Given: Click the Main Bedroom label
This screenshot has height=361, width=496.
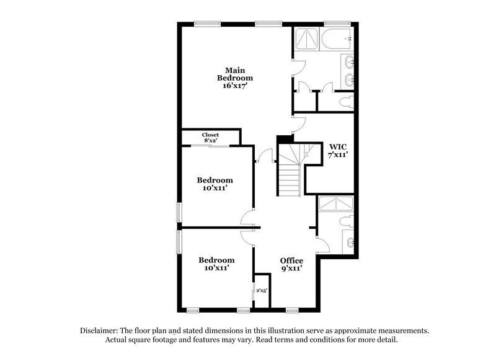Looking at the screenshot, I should point(235,74).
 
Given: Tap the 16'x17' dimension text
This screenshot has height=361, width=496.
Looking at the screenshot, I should point(235,87).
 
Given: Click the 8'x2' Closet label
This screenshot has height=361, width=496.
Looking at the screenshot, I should point(210,137).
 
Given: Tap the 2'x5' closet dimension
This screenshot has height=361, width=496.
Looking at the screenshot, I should point(262,290).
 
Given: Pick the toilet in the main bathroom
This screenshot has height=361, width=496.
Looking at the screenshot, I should point(345,102).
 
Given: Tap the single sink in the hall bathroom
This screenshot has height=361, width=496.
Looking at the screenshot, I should point(350,242).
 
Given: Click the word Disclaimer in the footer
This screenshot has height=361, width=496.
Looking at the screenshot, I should point(102,331).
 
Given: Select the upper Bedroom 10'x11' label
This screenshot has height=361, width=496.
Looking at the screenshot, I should point(215,184).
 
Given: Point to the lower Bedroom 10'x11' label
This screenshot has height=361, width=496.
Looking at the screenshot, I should point(216,264).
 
